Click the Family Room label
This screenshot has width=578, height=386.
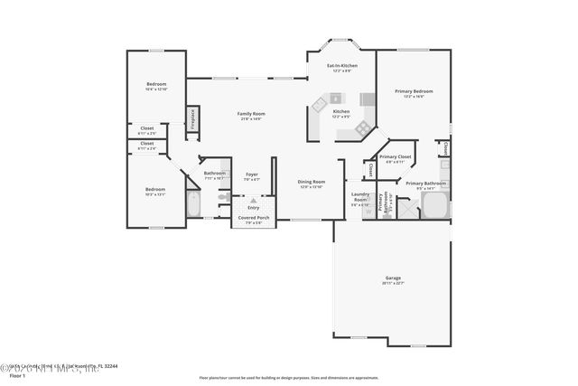pos(250,113)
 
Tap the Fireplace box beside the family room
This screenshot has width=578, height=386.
pos(192,119)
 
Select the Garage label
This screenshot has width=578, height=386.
pos(393,278)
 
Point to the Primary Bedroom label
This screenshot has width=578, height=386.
pos(413,91)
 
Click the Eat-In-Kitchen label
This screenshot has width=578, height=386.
pos(341,66)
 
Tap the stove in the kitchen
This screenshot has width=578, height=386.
pos(367,99)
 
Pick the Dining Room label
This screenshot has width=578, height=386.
pos(311,182)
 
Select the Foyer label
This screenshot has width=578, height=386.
pos(251,175)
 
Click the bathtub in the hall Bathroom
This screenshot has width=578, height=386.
pos(193,204)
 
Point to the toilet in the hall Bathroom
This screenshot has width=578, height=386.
pos(225,175)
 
